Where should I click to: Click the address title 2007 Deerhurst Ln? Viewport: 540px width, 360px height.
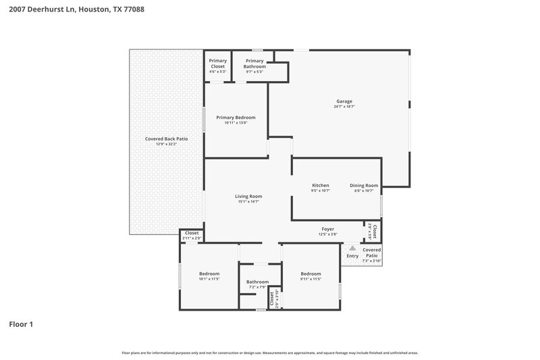[76, 10]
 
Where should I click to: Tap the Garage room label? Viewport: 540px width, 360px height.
[344, 101]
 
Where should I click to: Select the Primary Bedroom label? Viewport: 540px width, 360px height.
[236, 118]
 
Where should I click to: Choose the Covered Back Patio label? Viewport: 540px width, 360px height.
[166, 138]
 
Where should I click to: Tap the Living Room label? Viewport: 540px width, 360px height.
[248, 197]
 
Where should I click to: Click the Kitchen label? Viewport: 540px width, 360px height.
[320, 186]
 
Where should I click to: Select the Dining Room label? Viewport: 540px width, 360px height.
[364, 186]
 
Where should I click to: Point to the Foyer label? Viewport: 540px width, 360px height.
[328, 229]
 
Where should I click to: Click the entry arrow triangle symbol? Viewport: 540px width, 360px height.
[352, 249]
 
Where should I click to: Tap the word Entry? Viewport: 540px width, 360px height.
[352, 256]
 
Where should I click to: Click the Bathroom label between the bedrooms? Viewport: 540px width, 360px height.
[257, 282]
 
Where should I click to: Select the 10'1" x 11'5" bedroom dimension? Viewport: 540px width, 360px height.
[209, 279]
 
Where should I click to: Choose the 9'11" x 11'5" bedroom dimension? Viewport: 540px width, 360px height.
[310, 279]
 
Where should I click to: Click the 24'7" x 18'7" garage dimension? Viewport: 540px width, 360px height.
[344, 107]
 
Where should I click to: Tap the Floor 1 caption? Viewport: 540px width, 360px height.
[21, 324]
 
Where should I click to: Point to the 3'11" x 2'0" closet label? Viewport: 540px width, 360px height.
[192, 238]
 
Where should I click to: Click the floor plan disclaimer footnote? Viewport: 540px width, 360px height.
[269, 353]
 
